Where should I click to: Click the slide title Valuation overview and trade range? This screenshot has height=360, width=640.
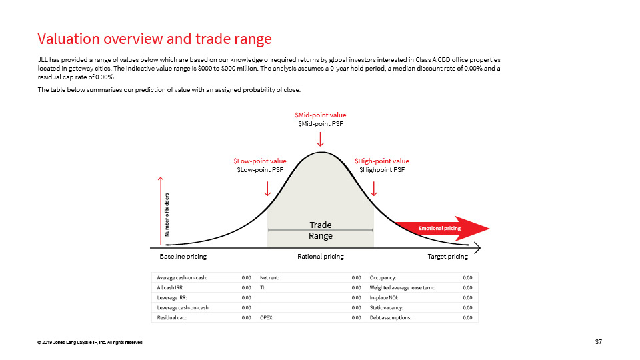tap(154, 39)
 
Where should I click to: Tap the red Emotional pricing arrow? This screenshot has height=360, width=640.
tap(443, 228)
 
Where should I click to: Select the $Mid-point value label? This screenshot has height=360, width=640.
tap(321, 115)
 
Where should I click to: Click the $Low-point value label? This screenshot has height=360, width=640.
tap(260, 161)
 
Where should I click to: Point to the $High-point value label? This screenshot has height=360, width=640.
tap(381, 161)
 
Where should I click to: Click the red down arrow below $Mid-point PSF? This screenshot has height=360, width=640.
tap(321, 139)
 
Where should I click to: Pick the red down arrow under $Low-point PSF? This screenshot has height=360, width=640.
tap(267, 189)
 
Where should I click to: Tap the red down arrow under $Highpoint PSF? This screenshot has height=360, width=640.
tap(373, 189)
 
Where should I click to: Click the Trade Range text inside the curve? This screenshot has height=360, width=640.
tap(321, 230)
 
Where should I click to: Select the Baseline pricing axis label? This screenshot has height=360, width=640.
tap(183, 256)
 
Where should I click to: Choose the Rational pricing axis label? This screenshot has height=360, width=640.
tap(321, 256)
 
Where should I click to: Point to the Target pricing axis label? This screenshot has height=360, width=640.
tap(448, 256)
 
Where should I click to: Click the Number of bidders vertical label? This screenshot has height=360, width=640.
tap(167, 215)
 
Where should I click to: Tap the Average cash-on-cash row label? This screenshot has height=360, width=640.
tap(182, 277)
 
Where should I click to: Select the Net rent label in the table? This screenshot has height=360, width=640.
tap(269, 277)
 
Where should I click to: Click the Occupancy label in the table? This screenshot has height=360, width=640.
tap(383, 277)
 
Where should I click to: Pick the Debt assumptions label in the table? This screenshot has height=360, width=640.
tap(390, 317)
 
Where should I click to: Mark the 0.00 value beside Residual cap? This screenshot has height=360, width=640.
tap(246, 317)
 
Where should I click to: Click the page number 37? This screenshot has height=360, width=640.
tap(599, 341)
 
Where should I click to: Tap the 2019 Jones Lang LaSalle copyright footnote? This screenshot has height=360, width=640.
tap(90, 343)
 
